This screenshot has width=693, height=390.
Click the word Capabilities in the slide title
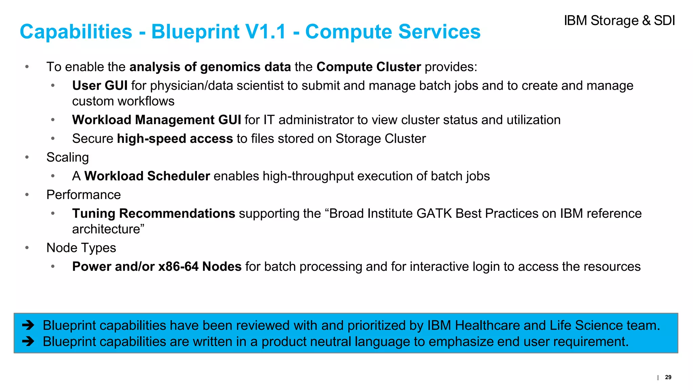[x=76, y=32]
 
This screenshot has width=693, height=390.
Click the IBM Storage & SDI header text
[x=619, y=21]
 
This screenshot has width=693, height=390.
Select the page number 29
[x=668, y=377]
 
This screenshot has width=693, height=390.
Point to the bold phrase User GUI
[x=100, y=86]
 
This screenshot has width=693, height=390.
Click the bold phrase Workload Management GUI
[x=156, y=120]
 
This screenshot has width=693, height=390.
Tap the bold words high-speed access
[x=175, y=139]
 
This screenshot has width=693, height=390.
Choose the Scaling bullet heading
[x=68, y=157]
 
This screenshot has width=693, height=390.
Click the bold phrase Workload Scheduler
[x=147, y=176]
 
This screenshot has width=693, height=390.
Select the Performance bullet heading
[x=84, y=195]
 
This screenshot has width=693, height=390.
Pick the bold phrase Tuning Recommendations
[x=154, y=214]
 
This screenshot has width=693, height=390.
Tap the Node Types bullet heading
[x=81, y=248]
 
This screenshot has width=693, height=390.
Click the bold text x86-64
[x=178, y=267]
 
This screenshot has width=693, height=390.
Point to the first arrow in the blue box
[x=28, y=325]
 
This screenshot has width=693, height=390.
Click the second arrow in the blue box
[x=28, y=341]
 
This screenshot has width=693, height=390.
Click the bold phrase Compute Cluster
[x=368, y=67]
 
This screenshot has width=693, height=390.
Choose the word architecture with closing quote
[x=108, y=229]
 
